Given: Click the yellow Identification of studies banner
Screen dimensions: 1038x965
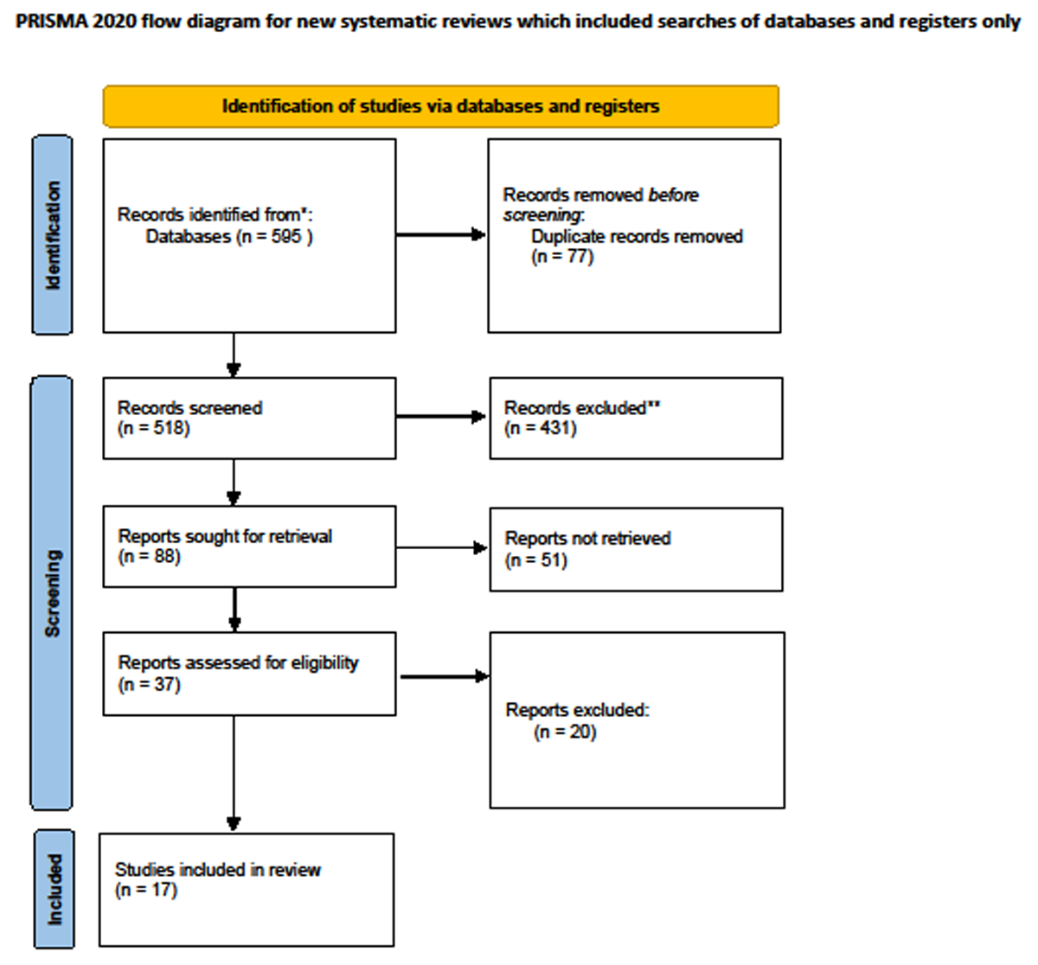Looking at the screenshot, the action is coord(440,106).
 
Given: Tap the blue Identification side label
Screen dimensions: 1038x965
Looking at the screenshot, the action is coord(52,234).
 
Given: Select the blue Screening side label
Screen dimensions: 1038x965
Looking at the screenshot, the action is coord(51,592).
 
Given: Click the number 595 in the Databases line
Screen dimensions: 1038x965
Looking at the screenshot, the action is coord(286,237).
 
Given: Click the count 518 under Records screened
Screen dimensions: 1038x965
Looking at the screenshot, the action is coord(169,428).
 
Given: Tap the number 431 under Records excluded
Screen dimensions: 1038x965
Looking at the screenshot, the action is coord(555,428).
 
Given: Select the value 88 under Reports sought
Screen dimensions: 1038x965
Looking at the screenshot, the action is coord(163,556).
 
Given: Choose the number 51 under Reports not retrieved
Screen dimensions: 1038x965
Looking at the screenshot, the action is coord(551,560).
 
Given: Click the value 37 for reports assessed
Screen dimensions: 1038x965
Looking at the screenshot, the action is coord(164,685).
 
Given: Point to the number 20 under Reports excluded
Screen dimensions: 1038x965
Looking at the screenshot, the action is coord(580,732).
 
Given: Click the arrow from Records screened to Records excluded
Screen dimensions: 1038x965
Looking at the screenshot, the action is coord(441,417).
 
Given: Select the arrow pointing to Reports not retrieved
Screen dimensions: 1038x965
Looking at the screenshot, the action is coord(442,547).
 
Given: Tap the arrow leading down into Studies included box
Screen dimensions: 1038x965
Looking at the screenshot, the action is coord(234,773).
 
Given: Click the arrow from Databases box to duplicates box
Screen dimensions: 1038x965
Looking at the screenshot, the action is coord(441,234).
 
